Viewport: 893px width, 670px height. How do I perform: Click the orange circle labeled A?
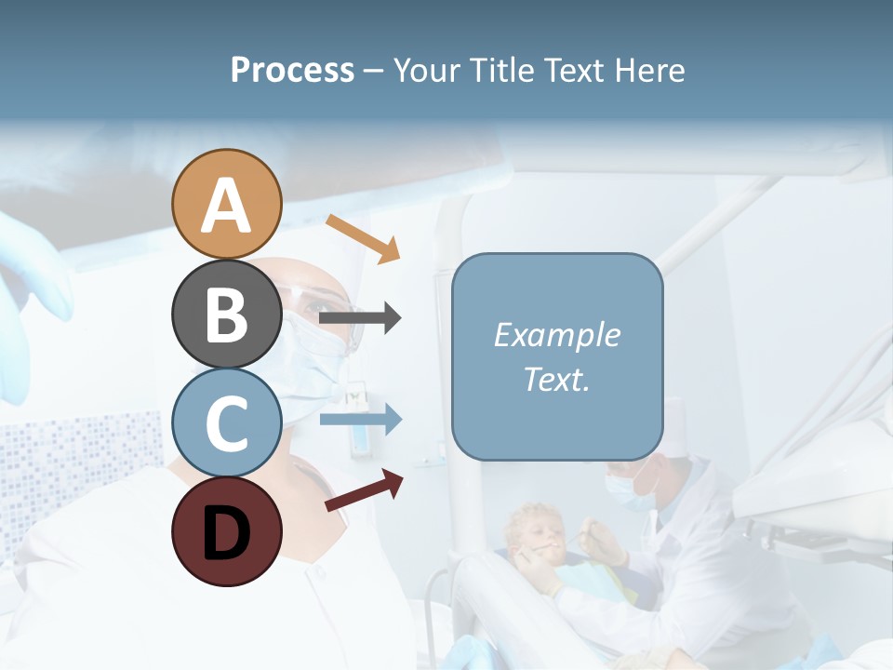(x=226, y=204)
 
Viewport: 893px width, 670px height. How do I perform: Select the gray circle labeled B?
(x=226, y=314)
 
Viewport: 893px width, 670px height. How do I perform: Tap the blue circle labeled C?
(x=226, y=422)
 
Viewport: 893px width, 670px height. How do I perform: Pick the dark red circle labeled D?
(x=226, y=531)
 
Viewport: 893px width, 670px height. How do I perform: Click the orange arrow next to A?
(x=363, y=238)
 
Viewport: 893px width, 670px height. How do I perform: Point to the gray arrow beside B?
(x=360, y=318)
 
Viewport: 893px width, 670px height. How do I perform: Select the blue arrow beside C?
(x=360, y=420)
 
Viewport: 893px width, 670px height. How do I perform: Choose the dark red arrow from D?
(x=364, y=490)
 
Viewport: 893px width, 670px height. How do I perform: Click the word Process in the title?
(x=292, y=71)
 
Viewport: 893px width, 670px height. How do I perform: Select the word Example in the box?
(x=556, y=335)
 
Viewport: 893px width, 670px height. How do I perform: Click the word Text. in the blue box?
(x=556, y=380)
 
